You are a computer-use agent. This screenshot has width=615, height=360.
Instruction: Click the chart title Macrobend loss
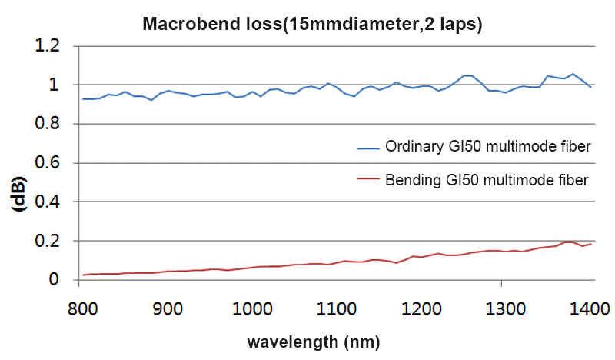(312, 23)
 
